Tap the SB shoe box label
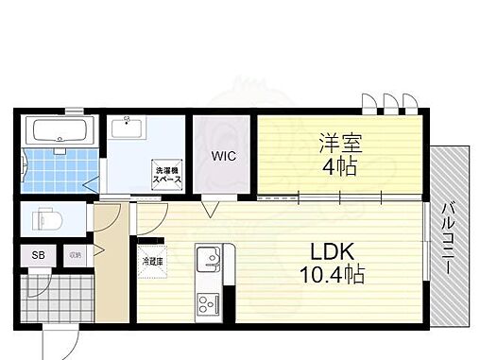[39, 254]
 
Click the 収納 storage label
[74, 254]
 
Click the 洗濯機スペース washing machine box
[167, 175]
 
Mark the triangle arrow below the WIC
[214, 207]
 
